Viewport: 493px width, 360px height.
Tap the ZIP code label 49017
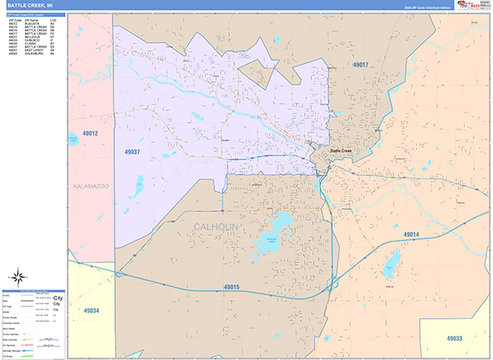361,65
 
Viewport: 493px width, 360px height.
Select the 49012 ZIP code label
90,133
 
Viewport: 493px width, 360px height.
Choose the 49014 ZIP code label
412,234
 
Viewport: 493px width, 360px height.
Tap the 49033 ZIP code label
454,338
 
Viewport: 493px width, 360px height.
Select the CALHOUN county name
217,226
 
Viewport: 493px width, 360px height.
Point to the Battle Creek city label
340,151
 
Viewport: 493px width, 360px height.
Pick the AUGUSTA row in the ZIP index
25,23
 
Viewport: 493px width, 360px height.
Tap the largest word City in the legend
58,298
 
